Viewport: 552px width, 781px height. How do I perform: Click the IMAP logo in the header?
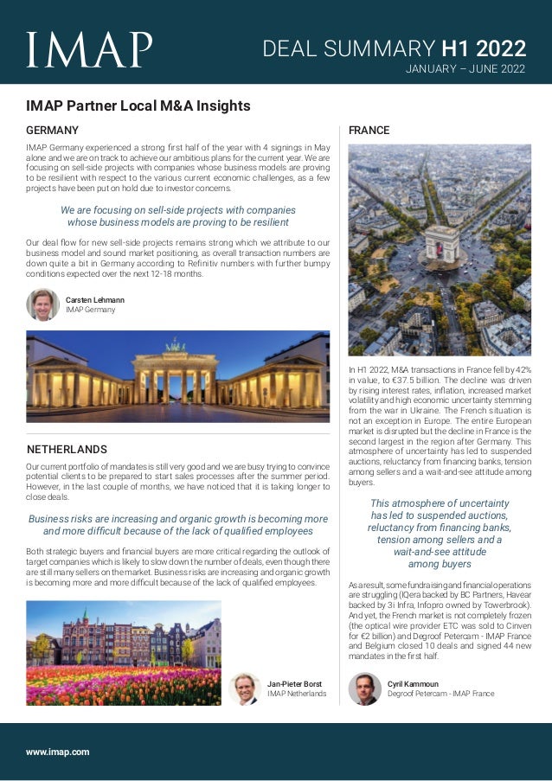pyautogui.click(x=89, y=50)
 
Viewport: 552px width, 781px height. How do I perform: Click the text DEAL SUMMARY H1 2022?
pyautogui.click(x=394, y=47)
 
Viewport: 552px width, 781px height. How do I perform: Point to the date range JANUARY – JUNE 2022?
pyautogui.click(x=465, y=69)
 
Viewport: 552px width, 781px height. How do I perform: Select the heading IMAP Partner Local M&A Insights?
pyautogui.click(x=138, y=106)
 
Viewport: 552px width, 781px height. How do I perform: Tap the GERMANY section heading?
pyautogui.click(x=53, y=130)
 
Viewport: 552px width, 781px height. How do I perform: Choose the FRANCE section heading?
pyautogui.click(x=369, y=131)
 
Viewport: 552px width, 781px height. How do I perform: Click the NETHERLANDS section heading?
pyautogui.click(x=67, y=450)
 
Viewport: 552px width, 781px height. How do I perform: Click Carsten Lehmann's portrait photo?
pyautogui.click(x=42, y=304)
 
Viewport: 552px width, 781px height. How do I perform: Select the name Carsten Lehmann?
pyautogui.click(x=95, y=299)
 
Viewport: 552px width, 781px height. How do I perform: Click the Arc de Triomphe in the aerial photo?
pyautogui.click(x=441, y=245)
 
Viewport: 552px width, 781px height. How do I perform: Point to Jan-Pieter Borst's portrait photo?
pyautogui.click(x=246, y=688)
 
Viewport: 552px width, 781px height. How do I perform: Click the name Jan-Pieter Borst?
pyautogui.click(x=295, y=684)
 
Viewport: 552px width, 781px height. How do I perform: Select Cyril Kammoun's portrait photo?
pyautogui.click(x=364, y=688)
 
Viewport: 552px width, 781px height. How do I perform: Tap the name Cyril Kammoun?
pyautogui.click(x=413, y=684)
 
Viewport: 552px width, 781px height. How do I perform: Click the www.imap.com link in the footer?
pyautogui.click(x=58, y=752)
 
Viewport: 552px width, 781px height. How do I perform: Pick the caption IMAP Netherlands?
pyautogui.click(x=297, y=694)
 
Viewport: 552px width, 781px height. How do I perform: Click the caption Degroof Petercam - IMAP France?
pyautogui.click(x=440, y=694)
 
